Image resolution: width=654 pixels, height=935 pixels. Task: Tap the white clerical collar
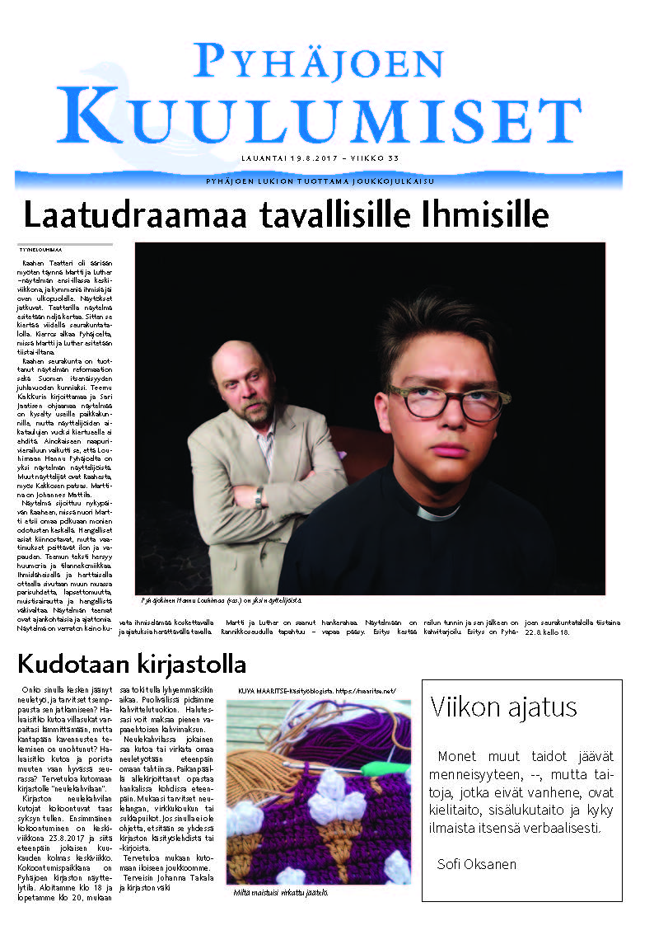(x=437, y=512)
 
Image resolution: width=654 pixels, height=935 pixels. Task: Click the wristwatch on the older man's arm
(x=259, y=496)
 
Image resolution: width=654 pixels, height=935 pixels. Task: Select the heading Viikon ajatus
(x=503, y=707)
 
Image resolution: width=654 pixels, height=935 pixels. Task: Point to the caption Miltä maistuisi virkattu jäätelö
(x=280, y=893)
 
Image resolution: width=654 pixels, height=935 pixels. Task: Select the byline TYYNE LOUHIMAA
(x=40, y=249)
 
